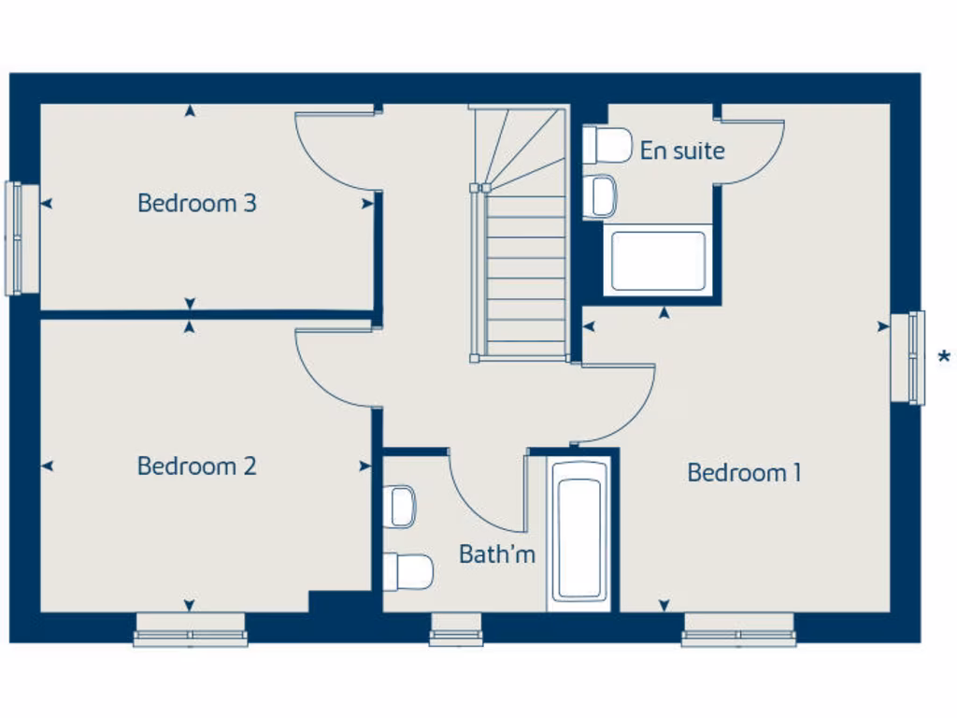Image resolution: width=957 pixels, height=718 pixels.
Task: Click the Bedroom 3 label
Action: point(196,203)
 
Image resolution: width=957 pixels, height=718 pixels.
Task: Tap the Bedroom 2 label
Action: point(196,466)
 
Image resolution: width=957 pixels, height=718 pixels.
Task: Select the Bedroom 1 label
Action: point(744,473)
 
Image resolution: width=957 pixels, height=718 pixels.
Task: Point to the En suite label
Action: point(682,151)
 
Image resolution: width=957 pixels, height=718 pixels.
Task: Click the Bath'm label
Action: point(497,554)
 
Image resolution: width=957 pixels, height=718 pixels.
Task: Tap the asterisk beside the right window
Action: point(945,357)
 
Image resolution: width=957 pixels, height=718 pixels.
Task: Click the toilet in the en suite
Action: point(607,145)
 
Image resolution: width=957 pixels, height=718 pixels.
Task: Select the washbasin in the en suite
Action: point(600,196)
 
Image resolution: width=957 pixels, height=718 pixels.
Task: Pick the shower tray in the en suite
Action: point(658,261)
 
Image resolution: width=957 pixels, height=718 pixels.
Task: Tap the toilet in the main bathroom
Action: point(407,571)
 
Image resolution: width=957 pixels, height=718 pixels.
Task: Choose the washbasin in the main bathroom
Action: point(400,507)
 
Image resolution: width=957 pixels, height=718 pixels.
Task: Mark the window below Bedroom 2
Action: point(191,631)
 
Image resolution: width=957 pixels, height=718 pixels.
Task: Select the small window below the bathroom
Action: point(456,631)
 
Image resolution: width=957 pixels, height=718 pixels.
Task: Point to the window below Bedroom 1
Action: point(738,631)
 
